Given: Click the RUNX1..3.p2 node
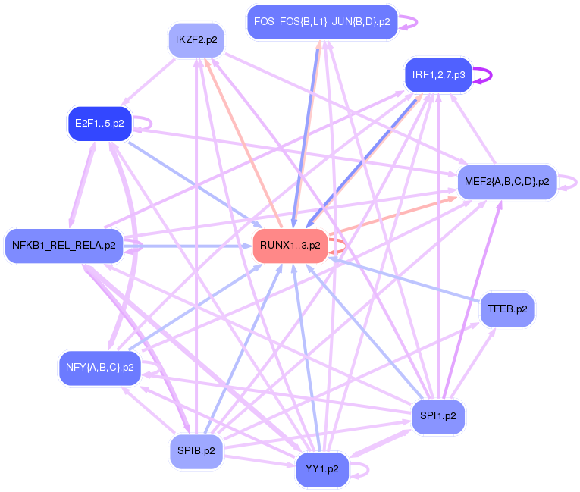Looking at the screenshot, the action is pos(290,246).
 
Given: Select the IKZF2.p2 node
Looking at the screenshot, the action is pos(196,40).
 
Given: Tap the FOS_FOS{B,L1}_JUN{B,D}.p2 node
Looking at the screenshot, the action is pos(322,22).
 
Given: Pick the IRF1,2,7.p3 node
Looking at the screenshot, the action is pos(438,75).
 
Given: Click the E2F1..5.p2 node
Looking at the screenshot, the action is pos(99,124).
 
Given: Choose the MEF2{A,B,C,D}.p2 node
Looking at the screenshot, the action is pos(506,182).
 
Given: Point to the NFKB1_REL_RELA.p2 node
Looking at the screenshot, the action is pos(64,246).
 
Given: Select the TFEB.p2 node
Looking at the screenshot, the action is pos(507,309).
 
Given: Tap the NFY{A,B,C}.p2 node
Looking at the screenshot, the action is pos(100,368).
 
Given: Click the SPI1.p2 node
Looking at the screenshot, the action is pos(438,416).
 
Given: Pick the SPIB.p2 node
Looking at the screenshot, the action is pos(196,451).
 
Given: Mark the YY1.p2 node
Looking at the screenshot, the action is pos(322,469).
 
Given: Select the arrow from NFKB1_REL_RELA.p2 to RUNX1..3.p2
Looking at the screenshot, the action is pos(188,246).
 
